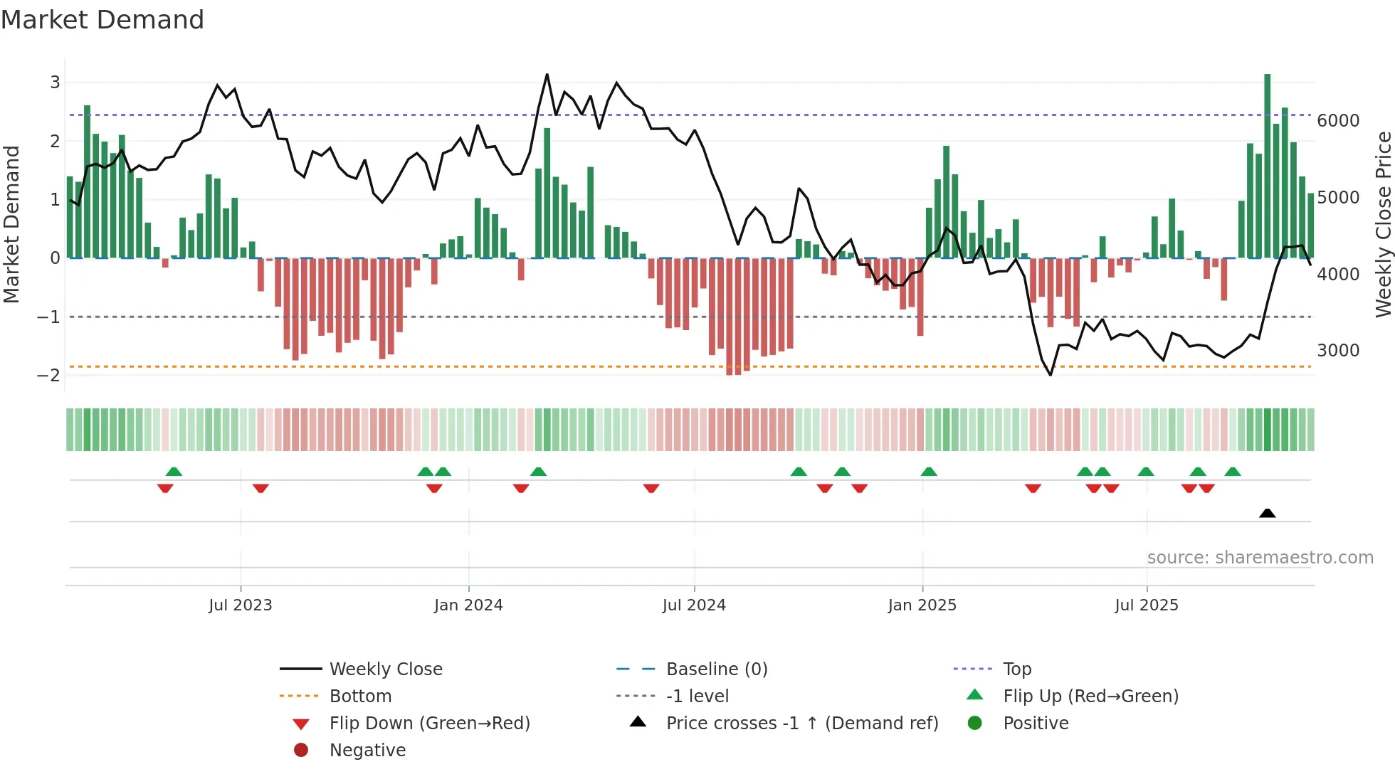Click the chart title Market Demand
tap(102, 20)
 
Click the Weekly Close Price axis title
tap(1383, 224)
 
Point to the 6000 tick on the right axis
tap(1337, 121)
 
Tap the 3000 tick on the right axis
tap(1337, 351)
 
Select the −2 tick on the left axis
tap(48, 376)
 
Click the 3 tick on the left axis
tap(55, 83)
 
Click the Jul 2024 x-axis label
tap(694, 605)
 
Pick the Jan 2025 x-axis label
tap(922, 605)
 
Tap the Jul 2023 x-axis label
tap(241, 605)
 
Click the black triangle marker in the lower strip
tap(1267, 513)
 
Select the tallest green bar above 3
tap(1267, 164)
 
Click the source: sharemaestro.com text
tap(1260, 558)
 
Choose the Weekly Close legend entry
tap(385, 669)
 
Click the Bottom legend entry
tap(360, 696)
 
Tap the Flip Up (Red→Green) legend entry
tap(1090, 696)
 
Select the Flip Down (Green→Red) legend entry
tap(429, 724)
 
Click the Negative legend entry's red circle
tap(301, 751)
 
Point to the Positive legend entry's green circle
tap(975, 724)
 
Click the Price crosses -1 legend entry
tap(801, 724)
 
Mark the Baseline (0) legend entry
tap(716, 669)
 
